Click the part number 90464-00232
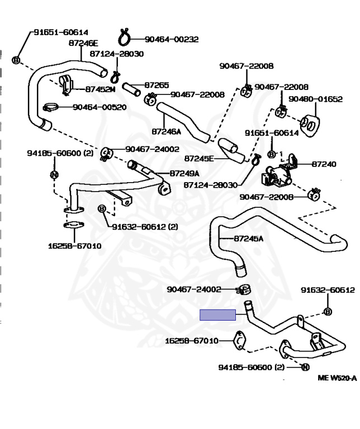click(172, 40)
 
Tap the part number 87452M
click(100, 89)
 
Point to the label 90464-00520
click(99, 107)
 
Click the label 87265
click(157, 85)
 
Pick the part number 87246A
click(166, 132)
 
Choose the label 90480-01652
click(316, 99)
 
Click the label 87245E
click(199, 158)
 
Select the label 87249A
click(184, 174)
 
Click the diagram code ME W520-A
click(337, 378)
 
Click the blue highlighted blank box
click(218, 315)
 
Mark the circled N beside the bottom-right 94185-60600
click(305, 367)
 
